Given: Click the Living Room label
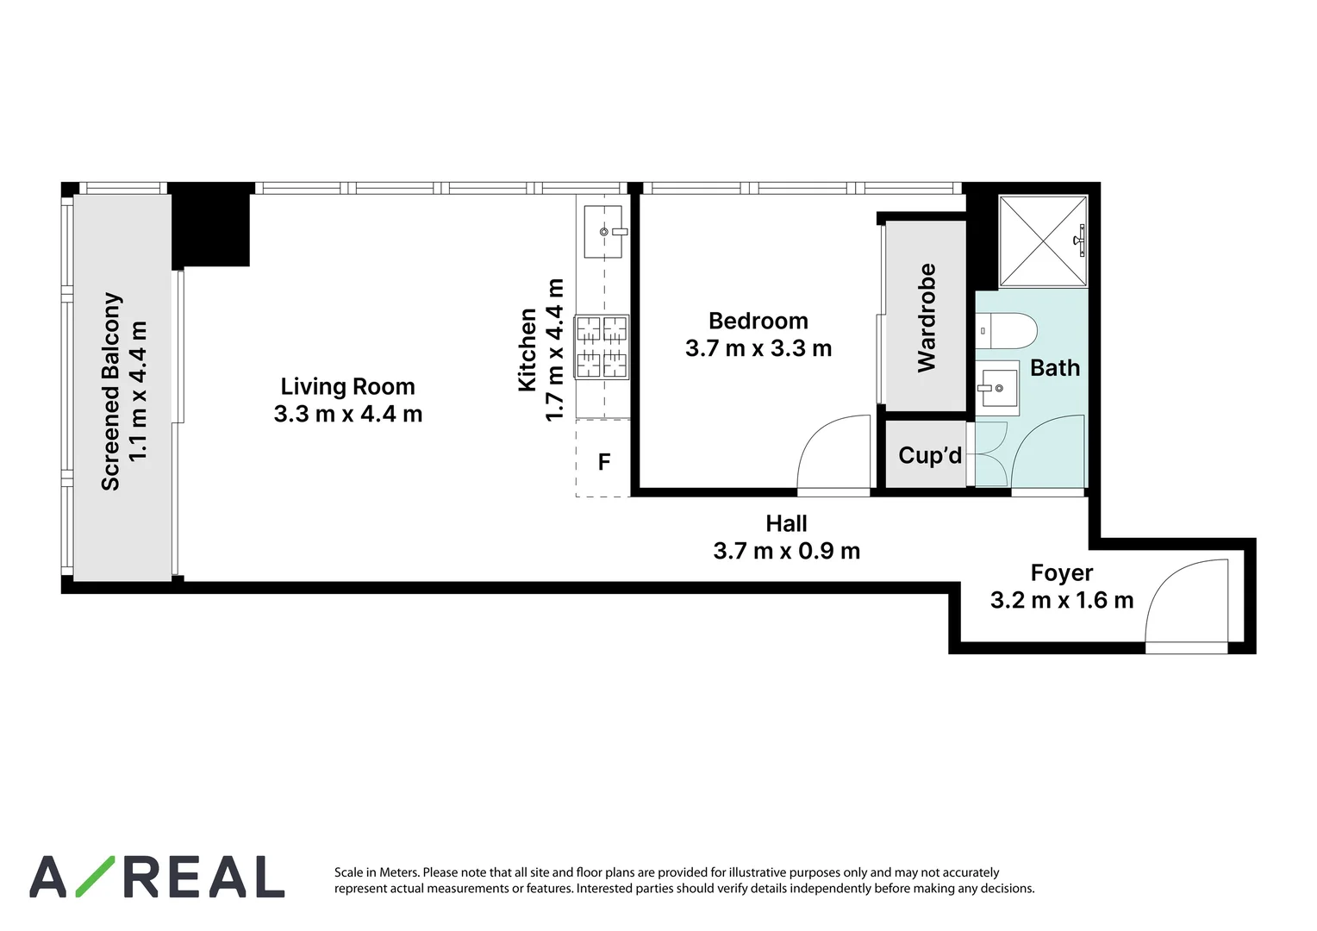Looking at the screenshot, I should click(x=347, y=386).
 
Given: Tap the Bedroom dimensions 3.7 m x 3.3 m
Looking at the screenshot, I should click(x=758, y=348).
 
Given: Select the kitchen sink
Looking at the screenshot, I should click(x=602, y=231).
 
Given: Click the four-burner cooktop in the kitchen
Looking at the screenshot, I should click(x=602, y=347).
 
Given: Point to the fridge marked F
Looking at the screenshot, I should click(x=604, y=462).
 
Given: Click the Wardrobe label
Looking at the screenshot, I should click(x=927, y=317).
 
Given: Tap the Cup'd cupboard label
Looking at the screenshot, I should click(x=929, y=455).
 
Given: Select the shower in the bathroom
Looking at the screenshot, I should click(x=1043, y=241).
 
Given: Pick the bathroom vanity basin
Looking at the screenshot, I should click(x=998, y=389).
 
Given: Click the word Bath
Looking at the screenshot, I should click(x=1055, y=368).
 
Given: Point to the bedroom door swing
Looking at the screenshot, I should click(x=833, y=454).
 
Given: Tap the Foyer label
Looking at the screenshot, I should click(x=1061, y=573).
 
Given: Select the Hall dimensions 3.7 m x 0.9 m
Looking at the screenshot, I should click(x=786, y=551).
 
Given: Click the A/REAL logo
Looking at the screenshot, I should click(x=157, y=877).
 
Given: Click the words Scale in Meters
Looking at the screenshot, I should click(x=376, y=872).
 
